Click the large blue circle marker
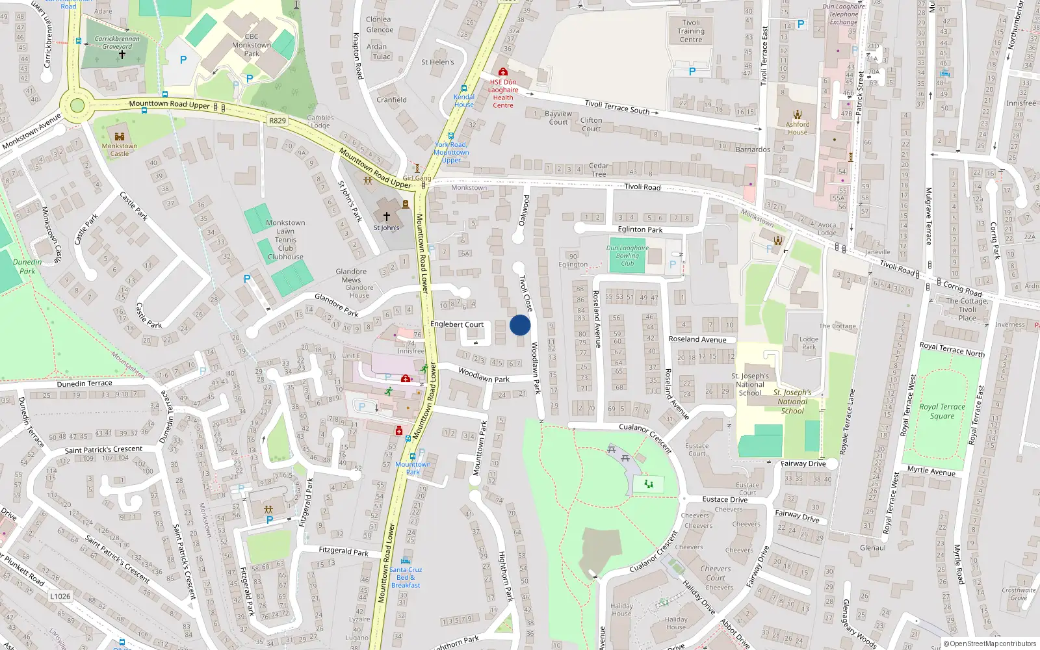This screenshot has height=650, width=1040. click(520, 325)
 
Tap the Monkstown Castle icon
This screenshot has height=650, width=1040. click(119, 136)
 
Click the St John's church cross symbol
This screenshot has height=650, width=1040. click(386, 216)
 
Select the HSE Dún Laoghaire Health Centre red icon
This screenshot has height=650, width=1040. click(502, 72)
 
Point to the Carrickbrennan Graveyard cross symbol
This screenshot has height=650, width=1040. click(122, 55)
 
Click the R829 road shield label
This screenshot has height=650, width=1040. click(278, 121)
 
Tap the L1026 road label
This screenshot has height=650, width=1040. click(60, 596)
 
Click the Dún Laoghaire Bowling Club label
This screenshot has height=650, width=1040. click(627, 255)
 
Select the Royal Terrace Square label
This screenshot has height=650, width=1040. click(942, 411)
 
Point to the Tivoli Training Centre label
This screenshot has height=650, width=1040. click(691, 31)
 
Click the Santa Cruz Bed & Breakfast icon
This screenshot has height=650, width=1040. click(406, 560)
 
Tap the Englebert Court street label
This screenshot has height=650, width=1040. click(457, 324)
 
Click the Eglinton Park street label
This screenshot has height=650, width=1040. click(640, 229)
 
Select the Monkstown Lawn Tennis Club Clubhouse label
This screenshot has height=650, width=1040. click(285, 240)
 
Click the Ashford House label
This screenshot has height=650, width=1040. click(798, 128)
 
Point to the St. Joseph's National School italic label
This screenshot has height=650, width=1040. click(792, 402)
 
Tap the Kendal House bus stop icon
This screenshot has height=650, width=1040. click(464, 88)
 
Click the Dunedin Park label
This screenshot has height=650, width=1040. click(27, 266)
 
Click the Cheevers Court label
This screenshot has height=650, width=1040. click(716, 573)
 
